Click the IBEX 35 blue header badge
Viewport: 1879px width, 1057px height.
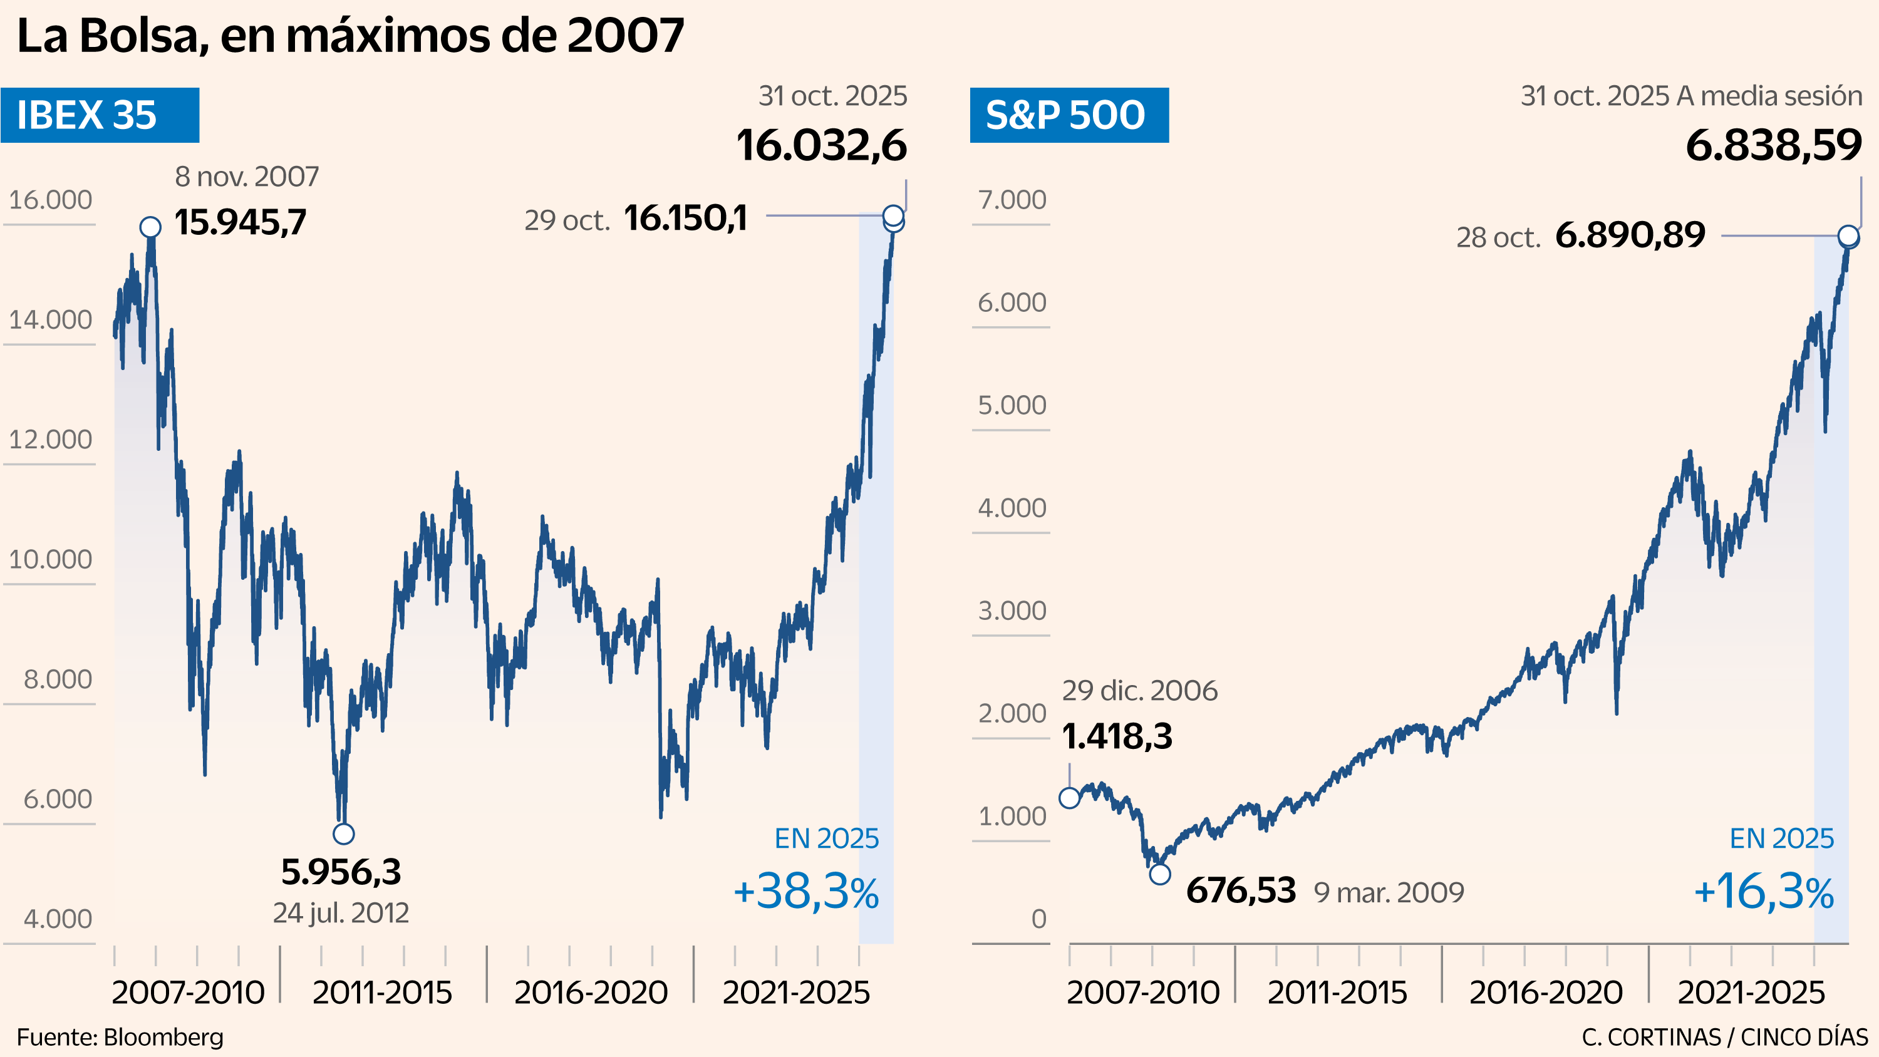tap(100, 115)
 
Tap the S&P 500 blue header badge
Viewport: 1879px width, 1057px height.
tap(1069, 115)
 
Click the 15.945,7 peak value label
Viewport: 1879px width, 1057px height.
tap(240, 222)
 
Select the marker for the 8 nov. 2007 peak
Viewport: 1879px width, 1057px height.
tap(150, 227)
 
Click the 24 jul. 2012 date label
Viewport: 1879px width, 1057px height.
tap(341, 912)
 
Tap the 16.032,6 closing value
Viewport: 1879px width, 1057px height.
tap(821, 145)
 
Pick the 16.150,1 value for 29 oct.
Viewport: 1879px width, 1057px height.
tap(686, 218)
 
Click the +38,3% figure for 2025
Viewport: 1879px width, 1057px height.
tap(806, 892)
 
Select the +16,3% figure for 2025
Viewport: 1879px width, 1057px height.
tap(1763, 892)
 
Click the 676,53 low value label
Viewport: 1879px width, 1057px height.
tap(1241, 890)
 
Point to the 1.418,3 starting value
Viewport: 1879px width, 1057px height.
tap(1117, 736)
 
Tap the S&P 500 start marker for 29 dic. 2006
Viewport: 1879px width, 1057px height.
tap(1069, 798)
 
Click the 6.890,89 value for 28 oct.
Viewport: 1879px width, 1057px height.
tap(1630, 235)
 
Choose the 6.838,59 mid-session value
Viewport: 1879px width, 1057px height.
tap(1773, 145)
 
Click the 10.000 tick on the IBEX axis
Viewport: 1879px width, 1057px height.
tap(50, 560)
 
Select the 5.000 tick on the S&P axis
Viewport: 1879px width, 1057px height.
tap(1012, 405)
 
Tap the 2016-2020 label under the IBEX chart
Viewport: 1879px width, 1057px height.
tap(591, 992)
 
